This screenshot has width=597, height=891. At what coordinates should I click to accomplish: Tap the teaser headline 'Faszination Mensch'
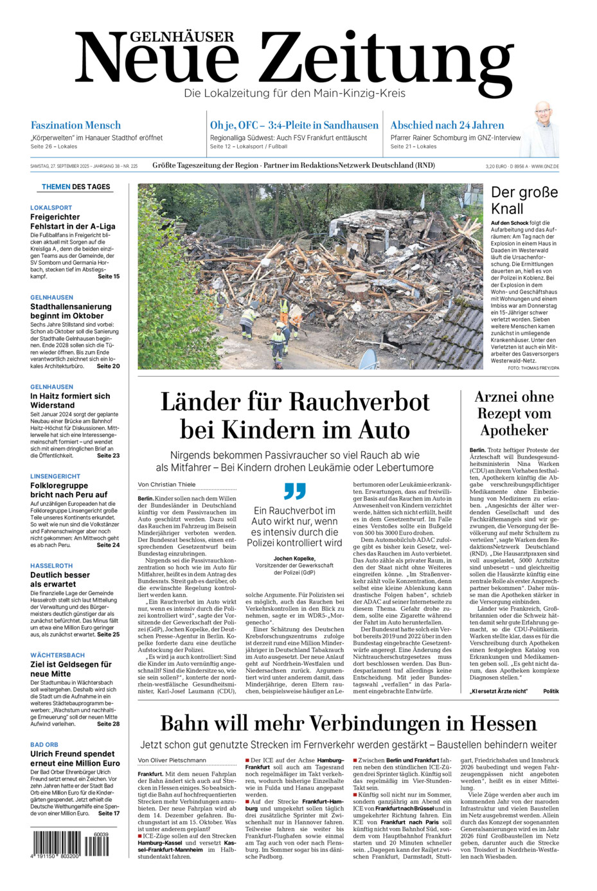[x=75, y=125]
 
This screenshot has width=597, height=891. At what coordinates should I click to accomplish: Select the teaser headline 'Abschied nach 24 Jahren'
[x=447, y=125]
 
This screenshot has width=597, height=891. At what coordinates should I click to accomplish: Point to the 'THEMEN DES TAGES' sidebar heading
[x=76, y=187]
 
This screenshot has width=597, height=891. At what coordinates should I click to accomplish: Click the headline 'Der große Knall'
[x=524, y=200]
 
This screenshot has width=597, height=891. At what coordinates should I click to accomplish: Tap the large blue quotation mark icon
[x=295, y=492]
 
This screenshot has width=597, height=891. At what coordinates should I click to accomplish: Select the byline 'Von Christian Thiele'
[x=166, y=484]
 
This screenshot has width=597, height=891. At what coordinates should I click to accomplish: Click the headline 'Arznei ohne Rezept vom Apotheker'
[x=514, y=413]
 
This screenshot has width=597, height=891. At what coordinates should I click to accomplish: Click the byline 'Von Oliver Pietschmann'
[x=172, y=760]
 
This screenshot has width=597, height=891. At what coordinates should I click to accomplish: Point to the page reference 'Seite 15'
[x=109, y=276]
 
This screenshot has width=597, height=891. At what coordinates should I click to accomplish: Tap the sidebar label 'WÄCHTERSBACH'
[x=57, y=655]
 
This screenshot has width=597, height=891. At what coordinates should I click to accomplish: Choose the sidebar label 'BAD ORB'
[x=44, y=744]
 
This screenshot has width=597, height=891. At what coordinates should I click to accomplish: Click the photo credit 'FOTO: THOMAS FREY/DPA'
[x=533, y=368]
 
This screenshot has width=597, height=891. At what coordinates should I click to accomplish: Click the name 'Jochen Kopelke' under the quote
[x=294, y=559]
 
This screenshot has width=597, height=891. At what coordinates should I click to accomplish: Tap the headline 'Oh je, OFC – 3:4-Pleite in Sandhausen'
[x=294, y=125]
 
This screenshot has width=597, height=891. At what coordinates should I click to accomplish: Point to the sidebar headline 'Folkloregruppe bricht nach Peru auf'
[x=69, y=490]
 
